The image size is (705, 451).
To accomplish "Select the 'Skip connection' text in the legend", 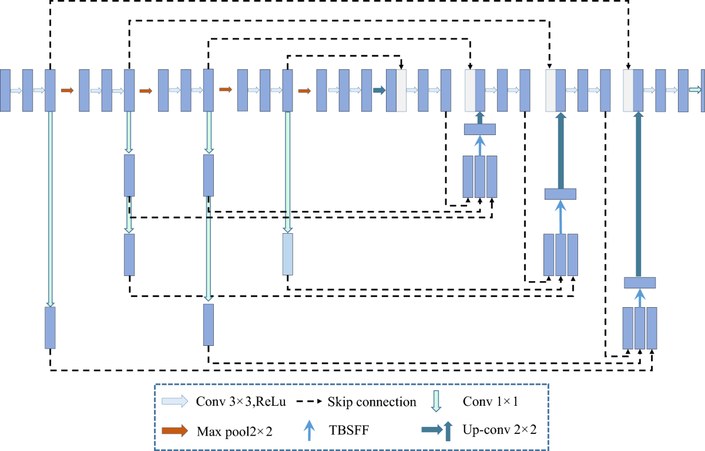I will point(372,402).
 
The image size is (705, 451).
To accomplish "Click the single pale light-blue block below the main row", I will point(287,254).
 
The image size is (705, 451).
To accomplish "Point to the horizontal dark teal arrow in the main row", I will point(379,90).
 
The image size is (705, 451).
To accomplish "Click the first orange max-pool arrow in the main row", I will point(67,90).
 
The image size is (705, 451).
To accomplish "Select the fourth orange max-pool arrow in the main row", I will point(304,90).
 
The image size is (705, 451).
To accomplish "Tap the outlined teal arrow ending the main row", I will point(695,90).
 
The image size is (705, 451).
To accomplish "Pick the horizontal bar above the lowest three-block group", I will point(640,282).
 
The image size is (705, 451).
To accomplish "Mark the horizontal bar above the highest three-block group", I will point(480,129).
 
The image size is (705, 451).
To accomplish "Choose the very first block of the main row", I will point(5,90).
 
